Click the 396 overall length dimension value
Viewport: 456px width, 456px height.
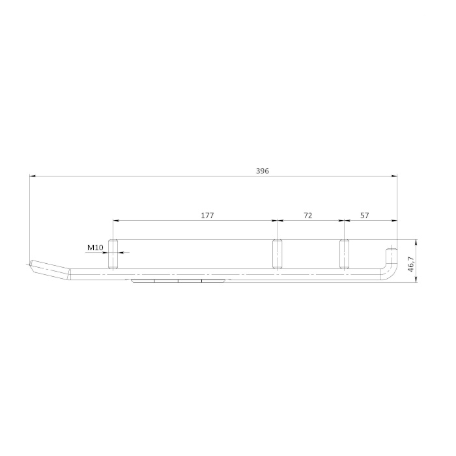pos(263,171)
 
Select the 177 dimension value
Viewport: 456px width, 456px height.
pos(207,216)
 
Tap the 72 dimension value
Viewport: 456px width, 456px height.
pos(307,216)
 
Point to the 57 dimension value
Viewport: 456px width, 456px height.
pos(364,216)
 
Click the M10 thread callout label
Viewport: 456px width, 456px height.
pos(95,248)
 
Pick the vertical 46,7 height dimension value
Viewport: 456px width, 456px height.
pos(410,264)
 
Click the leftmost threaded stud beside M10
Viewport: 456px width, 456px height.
pos(113,254)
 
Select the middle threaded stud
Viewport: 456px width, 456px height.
pos(277,254)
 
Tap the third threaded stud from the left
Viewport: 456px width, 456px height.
pos(345,254)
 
